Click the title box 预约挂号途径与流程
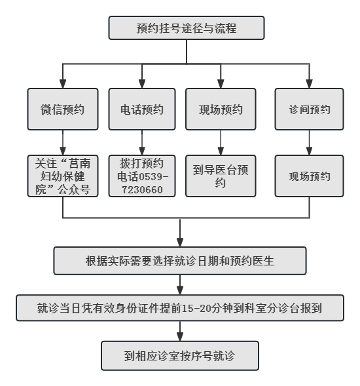tap(187, 28)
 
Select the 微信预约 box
tap(63, 109)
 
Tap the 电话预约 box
tap(142, 109)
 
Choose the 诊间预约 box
tap(309, 109)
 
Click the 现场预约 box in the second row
tap(221, 109)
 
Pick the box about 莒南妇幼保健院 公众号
tap(63, 176)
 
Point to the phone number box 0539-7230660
tap(142, 176)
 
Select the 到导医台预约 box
tap(221, 176)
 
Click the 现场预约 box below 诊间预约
tap(309, 176)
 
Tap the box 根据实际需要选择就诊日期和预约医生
tap(180, 261)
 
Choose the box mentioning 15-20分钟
tap(180, 308)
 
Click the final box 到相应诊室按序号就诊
tap(180, 356)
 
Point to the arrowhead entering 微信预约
tap(63, 84)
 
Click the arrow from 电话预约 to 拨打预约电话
tap(142, 142)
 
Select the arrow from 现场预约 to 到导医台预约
tap(221, 142)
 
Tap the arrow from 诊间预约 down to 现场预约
tap(309, 142)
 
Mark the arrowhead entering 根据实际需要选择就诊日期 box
tap(180, 242)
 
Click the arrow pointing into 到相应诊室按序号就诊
tap(180, 331)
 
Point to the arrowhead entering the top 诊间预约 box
tap(309, 84)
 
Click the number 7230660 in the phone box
tap(142, 190)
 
